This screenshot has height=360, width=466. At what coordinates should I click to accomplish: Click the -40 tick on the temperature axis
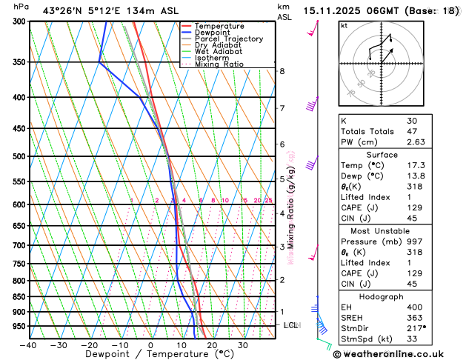[28, 345]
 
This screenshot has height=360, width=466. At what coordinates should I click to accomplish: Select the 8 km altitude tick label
[282, 71]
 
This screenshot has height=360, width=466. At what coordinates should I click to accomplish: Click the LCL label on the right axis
[291, 325]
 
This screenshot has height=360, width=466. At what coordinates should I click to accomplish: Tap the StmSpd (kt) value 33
[412, 340]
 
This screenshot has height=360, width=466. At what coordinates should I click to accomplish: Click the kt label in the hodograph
[344, 25]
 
